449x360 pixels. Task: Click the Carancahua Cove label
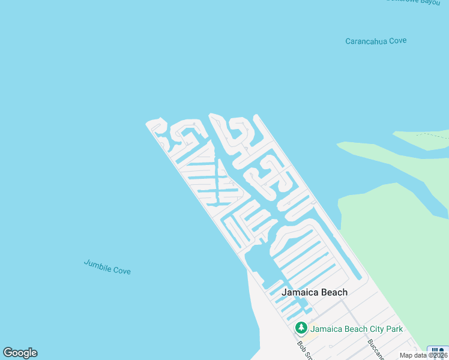pyautogui.click(x=376, y=41)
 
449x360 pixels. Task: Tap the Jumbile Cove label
pyautogui.click(x=107, y=266)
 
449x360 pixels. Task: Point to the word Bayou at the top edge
pyautogui.click(x=430, y=2)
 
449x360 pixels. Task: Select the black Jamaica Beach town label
pyautogui.click(x=315, y=292)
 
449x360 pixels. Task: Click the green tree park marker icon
pyautogui.click(x=301, y=328)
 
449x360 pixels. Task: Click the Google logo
pyautogui.click(x=20, y=353)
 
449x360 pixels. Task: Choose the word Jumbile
pyautogui.click(x=97, y=264)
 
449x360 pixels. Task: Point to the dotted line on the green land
pyautogui.click(x=432, y=136)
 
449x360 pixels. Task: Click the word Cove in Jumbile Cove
pyautogui.click(x=122, y=270)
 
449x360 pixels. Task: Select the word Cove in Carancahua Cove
pyautogui.click(x=398, y=40)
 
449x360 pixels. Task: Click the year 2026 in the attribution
pyautogui.click(x=438, y=355)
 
